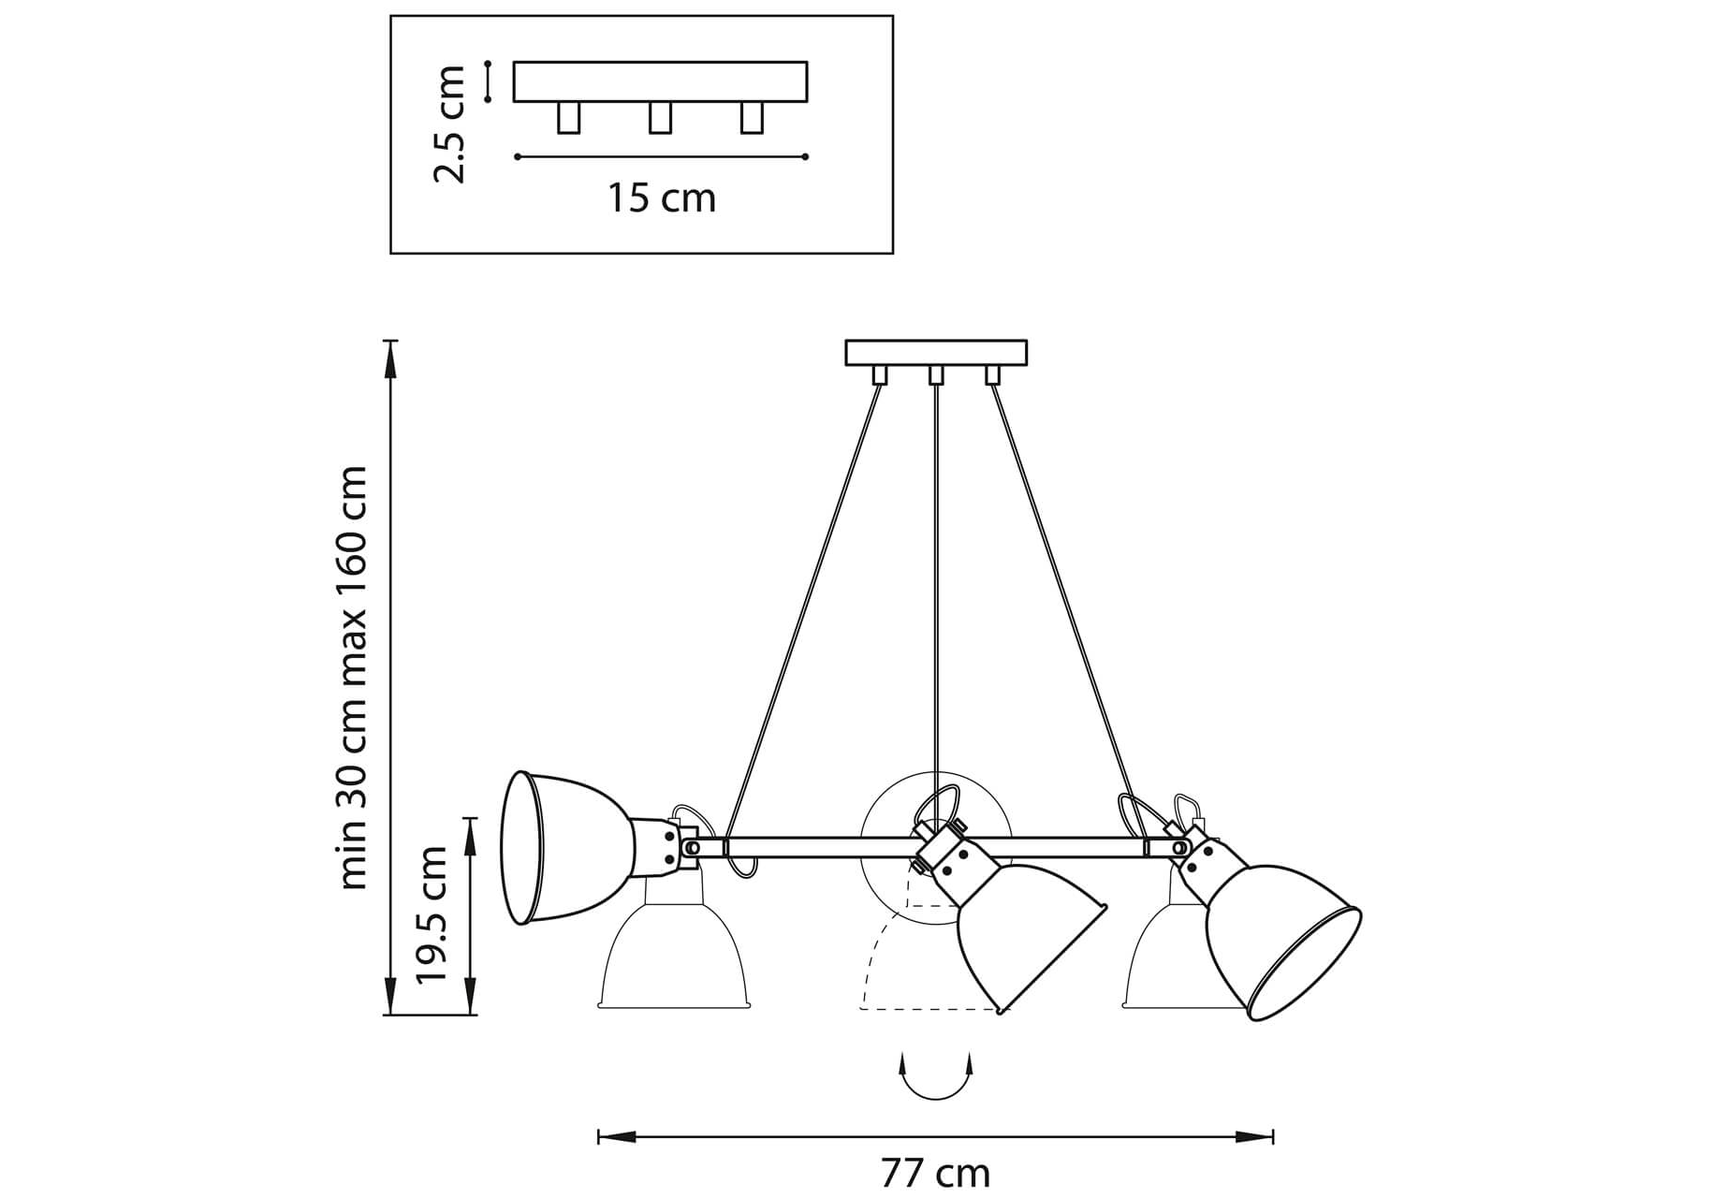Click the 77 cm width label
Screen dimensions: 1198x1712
pyautogui.click(x=934, y=1173)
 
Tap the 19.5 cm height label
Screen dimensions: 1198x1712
pyautogui.click(x=432, y=914)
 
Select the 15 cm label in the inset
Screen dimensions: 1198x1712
pyautogui.click(x=662, y=198)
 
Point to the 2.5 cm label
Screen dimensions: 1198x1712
pyautogui.click(x=450, y=124)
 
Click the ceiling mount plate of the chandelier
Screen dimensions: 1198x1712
pyautogui.click(x=935, y=353)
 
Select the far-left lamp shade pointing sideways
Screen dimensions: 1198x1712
pyautogui.click(x=562, y=847)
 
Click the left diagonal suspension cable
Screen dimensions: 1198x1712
pyautogui.click(x=805, y=608)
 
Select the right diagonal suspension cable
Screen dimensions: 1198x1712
pyautogui.click(x=1062, y=608)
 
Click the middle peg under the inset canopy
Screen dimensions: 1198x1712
pyautogui.click(x=660, y=118)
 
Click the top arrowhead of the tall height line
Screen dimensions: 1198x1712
pyautogui.click(x=391, y=350)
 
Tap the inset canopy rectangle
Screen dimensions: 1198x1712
pyautogui.click(x=660, y=81)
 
